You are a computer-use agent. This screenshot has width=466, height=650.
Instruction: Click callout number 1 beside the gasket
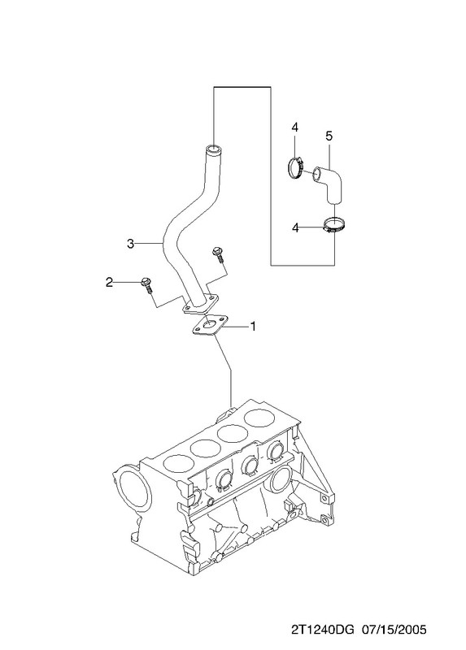[253, 327]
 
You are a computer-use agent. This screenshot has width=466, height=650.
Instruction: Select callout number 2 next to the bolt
[109, 282]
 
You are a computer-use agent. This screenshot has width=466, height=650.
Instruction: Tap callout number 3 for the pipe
[131, 244]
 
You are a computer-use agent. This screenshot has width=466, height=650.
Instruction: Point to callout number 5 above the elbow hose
[329, 136]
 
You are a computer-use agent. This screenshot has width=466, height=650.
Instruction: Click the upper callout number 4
[294, 128]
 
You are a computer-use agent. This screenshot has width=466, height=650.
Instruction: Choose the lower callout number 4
[295, 227]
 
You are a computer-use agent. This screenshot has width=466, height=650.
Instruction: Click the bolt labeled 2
[147, 285]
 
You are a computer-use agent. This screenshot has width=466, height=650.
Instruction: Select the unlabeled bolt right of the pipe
[218, 254]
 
